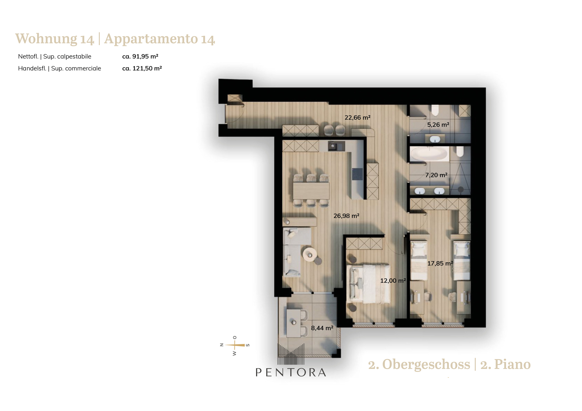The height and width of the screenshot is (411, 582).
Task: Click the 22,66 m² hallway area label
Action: tap(357, 118)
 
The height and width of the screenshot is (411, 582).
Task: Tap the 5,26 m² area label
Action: tap(438, 125)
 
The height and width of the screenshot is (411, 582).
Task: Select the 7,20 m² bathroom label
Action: tap(436, 175)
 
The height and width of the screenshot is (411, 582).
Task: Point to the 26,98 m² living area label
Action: tap(346, 216)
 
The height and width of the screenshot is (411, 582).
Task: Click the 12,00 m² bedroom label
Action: tap(393, 281)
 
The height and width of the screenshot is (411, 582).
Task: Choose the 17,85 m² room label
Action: tap(440, 264)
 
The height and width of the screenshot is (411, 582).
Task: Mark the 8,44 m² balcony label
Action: tap(322, 328)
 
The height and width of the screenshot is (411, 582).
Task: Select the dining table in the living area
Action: tap(311, 191)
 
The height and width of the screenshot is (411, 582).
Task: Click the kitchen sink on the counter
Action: tap(336, 146)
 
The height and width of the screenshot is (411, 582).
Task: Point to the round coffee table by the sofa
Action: tap(310, 255)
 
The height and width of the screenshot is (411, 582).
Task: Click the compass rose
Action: tap(235, 345)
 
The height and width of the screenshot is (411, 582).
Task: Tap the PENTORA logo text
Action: tap(291, 372)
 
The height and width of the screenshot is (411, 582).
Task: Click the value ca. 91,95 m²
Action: tap(140, 56)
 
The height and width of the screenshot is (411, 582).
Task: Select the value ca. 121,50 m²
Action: tap(142, 68)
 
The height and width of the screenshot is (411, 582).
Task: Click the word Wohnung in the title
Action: tap(46, 39)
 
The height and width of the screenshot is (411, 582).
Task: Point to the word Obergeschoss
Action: tap(426, 365)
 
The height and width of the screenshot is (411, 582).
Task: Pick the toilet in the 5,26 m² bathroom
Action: tap(435, 110)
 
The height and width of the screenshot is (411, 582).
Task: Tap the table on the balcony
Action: tap(294, 323)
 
